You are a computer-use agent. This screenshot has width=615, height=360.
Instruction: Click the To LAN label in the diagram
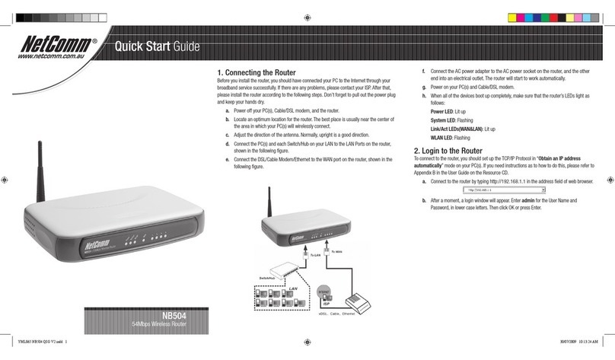[x=316, y=256]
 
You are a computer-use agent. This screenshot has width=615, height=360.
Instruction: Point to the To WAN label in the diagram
[x=339, y=251]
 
